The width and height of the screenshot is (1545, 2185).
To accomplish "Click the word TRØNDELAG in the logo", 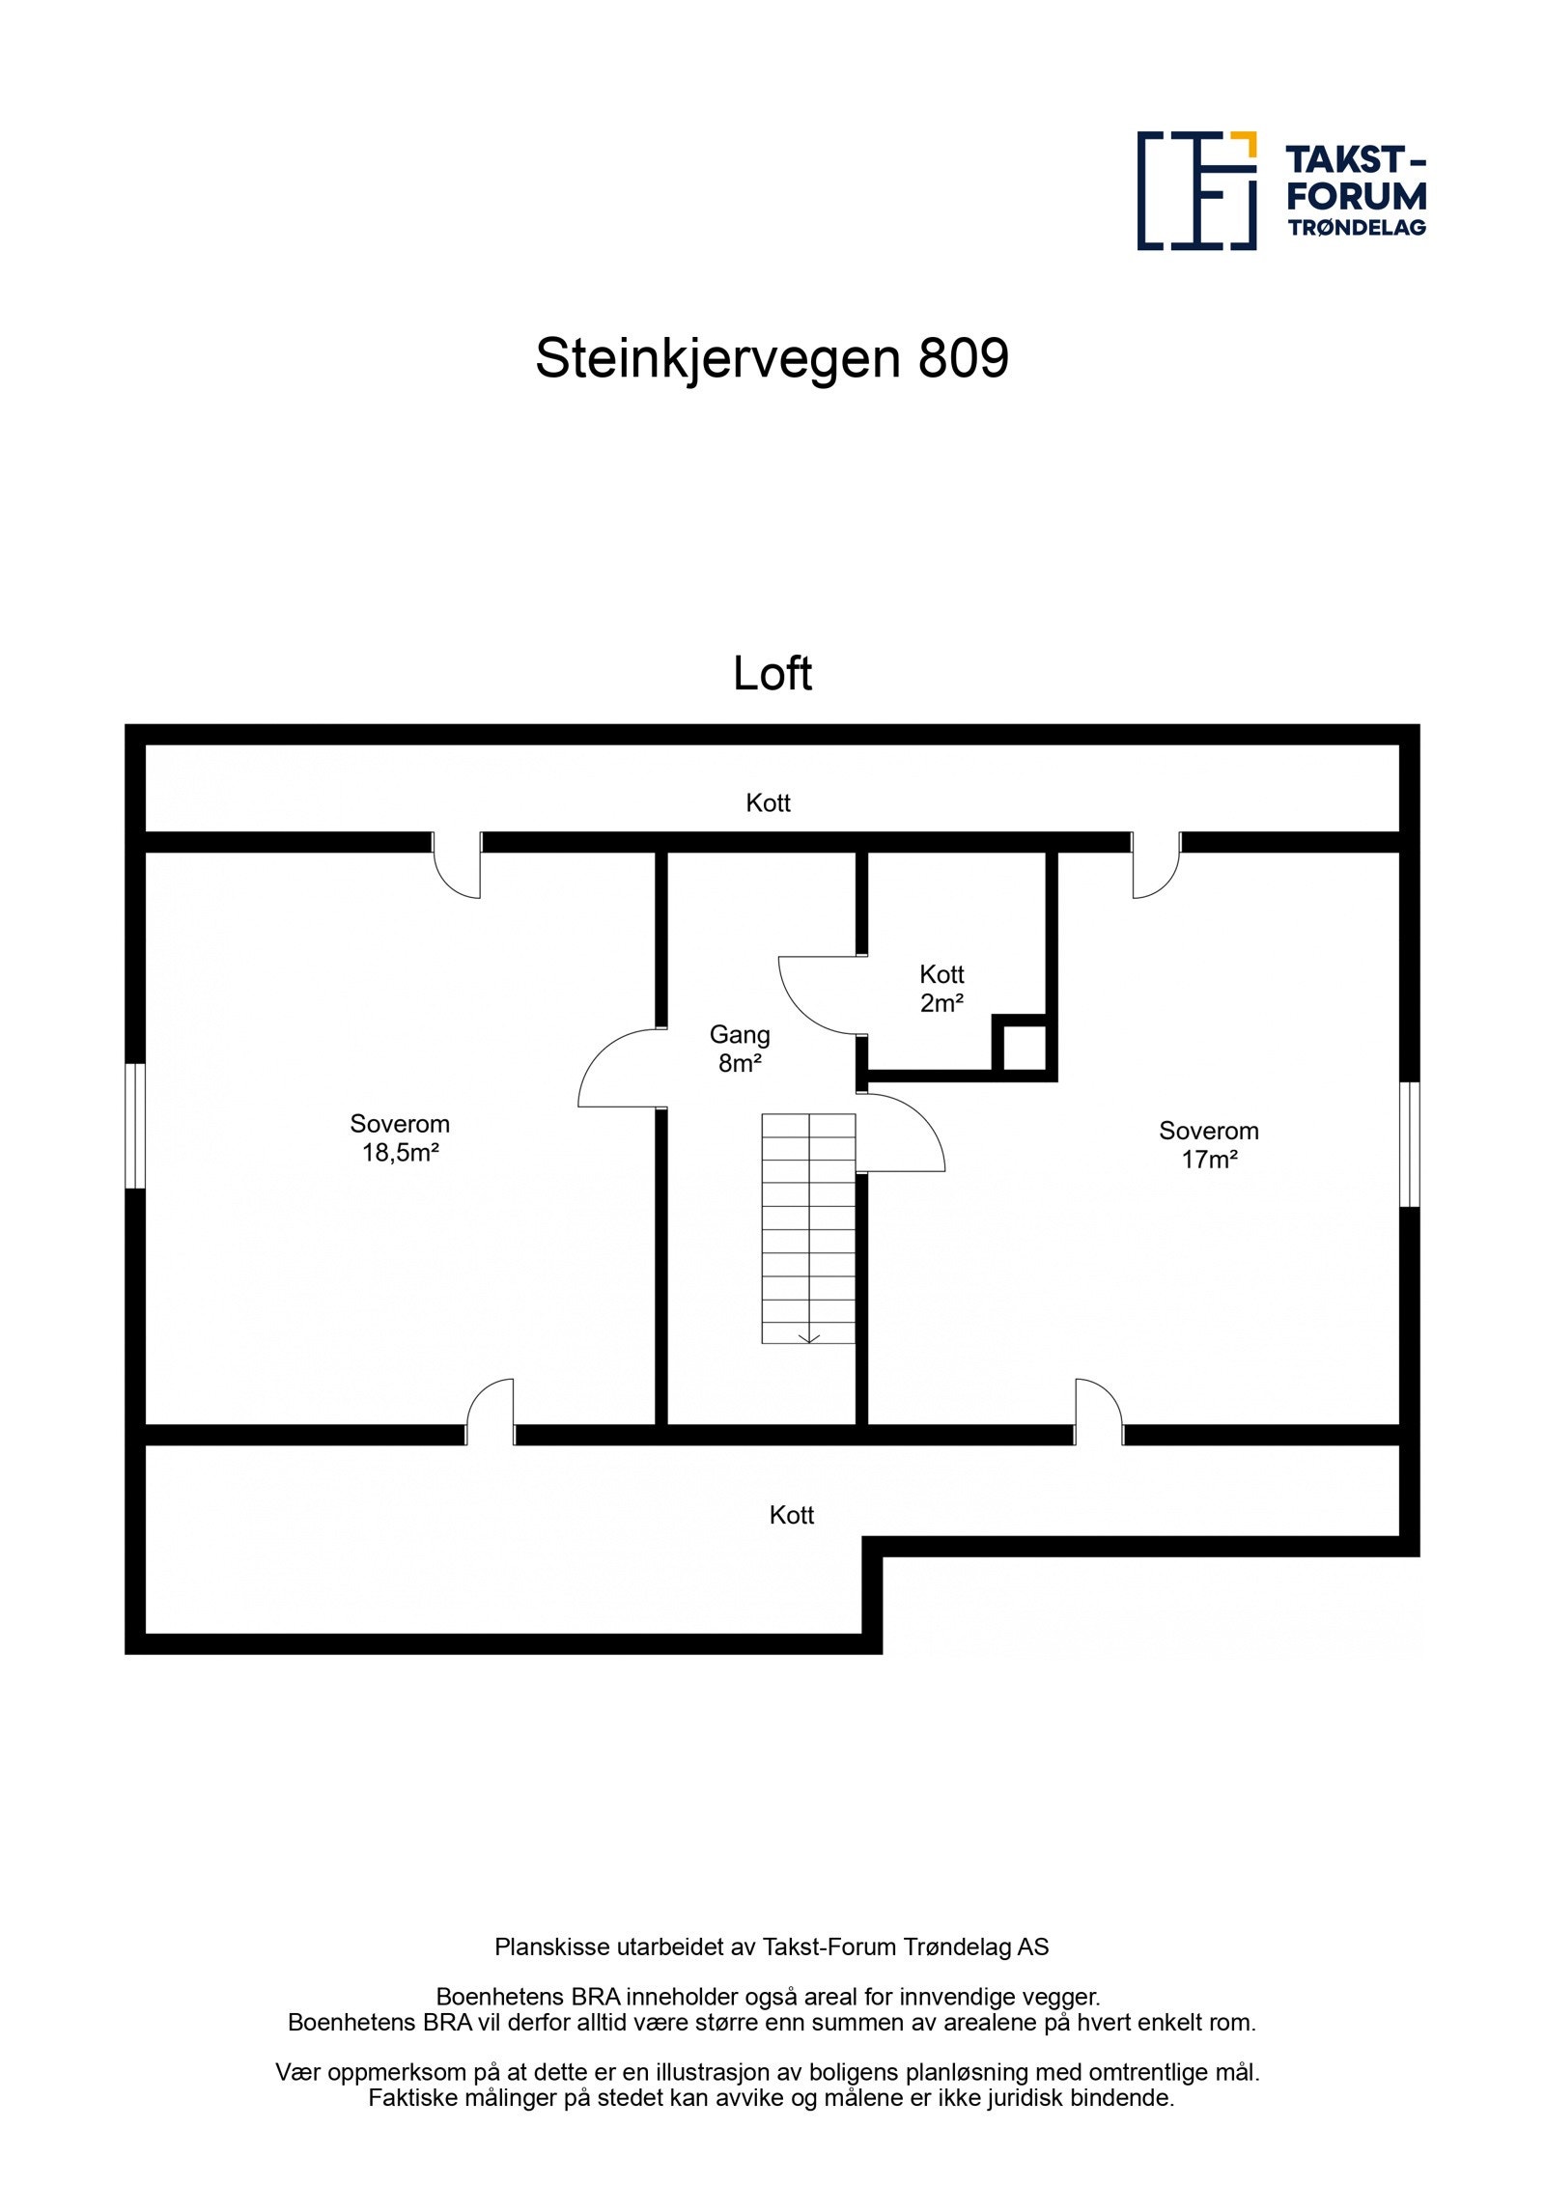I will click(x=1356, y=228).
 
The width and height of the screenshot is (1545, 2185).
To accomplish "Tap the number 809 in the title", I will click(x=963, y=358).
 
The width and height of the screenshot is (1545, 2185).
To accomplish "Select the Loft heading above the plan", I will click(x=772, y=673).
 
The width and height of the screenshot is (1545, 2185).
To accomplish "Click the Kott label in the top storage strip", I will click(x=768, y=802).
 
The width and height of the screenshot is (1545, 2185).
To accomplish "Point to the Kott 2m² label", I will click(x=941, y=988).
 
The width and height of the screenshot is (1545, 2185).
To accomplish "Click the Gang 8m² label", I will click(x=740, y=1049).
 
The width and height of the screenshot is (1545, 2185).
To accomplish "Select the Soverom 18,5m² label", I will click(x=400, y=1137).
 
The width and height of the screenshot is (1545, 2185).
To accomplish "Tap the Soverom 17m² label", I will click(x=1208, y=1144).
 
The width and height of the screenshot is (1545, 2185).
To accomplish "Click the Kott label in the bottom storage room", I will click(x=791, y=1515).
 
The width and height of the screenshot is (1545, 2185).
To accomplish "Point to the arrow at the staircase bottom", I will click(x=809, y=1337).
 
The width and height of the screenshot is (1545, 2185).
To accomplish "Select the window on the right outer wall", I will click(x=1409, y=1144).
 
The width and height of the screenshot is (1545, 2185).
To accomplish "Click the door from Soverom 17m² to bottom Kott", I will click(x=1099, y=1412).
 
